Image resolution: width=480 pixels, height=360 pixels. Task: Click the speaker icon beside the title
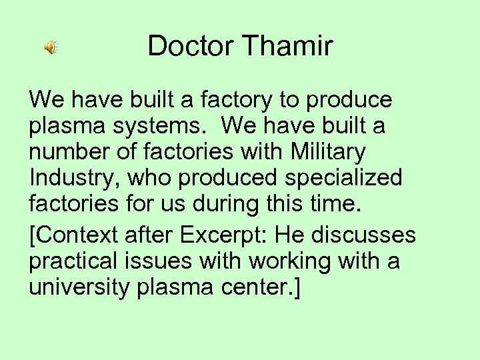pyautogui.click(x=51, y=47)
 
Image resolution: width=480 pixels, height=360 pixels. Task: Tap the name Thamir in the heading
pyautogui.click(x=289, y=46)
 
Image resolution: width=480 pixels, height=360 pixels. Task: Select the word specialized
pyautogui.click(x=346, y=178)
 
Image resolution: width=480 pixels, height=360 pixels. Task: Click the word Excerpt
pyautogui.click(x=217, y=235)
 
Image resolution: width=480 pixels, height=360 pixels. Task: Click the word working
pyautogui.click(x=293, y=261)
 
